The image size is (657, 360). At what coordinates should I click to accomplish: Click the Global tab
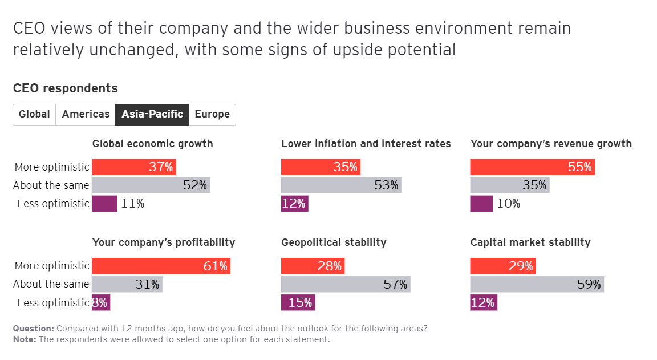pyautogui.click(x=34, y=114)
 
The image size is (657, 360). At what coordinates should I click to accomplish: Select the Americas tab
pyautogui.click(x=86, y=114)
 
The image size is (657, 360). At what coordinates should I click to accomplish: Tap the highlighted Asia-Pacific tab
pyautogui.click(x=152, y=114)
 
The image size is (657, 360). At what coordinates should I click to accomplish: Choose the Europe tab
pyautogui.click(x=212, y=114)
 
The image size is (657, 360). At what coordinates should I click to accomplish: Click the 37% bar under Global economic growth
pyautogui.click(x=134, y=167)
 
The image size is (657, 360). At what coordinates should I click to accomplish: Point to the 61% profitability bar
pyautogui.click(x=161, y=266)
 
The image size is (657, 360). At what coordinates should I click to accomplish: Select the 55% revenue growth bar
pyautogui.click(x=533, y=167)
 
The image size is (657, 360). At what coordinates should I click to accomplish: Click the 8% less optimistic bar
pyautogui.click(x=100, y=302)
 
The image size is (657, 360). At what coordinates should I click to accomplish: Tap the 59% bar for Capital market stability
pyautogui.click(x=537, y=284)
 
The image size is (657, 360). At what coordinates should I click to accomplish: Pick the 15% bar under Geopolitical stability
pyautogui.click(x=298, y=302)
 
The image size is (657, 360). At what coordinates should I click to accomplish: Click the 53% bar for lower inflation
pyautogui.click(x=341, y=185)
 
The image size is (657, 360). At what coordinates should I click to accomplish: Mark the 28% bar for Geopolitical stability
pyautogui.click(x=313, y=266)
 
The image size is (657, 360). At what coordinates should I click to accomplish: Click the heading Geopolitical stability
pyautogui.click(x=334, y=242)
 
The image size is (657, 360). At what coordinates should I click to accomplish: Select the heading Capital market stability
pyautogui.click(x=530, y=242)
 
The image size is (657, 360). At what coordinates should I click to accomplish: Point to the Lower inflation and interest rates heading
pyautogui.click(x=366, y=144)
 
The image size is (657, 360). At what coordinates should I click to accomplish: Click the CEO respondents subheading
pyautogui.click(x=65, y=88)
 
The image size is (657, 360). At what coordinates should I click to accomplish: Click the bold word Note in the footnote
pyautogui.click(x=25, y=339)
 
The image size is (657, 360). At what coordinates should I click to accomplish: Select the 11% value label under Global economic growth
pyautogui.click(x=132, y=204)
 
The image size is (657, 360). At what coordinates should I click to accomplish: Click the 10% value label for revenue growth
pyautogui.click(x=508, y=204)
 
